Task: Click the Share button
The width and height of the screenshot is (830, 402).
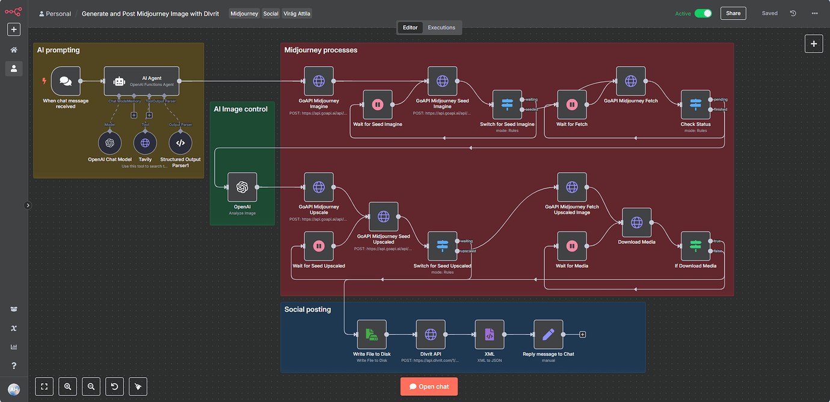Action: click(x=733, y=13)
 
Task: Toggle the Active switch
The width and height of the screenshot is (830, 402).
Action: click(x=703, y=13)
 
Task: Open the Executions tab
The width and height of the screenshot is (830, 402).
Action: click(x=441, y=28)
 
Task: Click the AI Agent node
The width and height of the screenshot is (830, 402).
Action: click(x=142, y=81)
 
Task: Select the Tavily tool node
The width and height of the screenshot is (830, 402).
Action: click(x=145, y=143)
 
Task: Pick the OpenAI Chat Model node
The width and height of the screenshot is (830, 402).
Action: click(x=109, y=143)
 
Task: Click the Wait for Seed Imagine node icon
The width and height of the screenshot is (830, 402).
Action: click(x=378, y=105)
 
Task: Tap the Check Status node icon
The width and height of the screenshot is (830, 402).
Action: click(x=695, y=105)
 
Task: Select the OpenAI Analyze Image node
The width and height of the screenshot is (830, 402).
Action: click(x=242, y=187)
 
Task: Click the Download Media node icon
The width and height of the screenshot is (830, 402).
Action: click(x=637, y=223)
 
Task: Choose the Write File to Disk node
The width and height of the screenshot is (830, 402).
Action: click(x=372, y=335)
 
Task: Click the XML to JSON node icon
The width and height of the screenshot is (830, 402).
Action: click(x=490, y=335)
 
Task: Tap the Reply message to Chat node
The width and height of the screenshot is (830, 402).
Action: click(x=549, y=335)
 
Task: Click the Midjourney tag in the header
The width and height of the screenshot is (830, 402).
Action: click(x=244, y=13)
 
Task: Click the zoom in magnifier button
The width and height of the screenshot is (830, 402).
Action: click(x=67, y=387)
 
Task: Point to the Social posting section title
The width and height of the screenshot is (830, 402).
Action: click(x=307, y=309)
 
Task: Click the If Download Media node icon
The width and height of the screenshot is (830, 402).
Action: click(x=695, y=246)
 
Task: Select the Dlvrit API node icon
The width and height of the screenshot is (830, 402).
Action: click(x=431, y=335)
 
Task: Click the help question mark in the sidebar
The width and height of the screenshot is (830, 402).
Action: click(x=14, y=365)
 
